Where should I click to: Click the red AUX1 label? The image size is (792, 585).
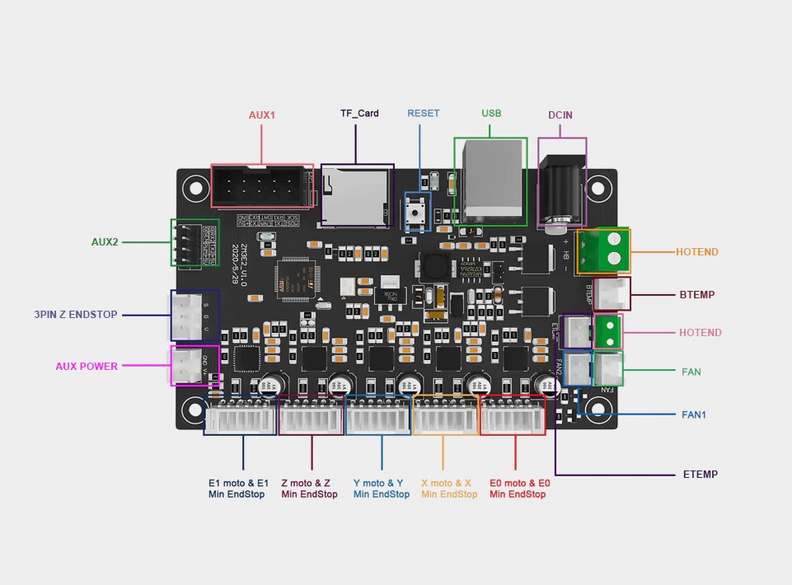(x=262, y=115)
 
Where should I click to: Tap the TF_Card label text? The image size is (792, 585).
(x=359, y=113)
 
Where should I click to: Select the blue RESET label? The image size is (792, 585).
(x=423, y=113)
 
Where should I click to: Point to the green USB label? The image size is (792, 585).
(x=491, y=113)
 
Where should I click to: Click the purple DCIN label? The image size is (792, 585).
(x=560, y=115)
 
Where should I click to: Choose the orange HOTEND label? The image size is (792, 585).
(x=696, y=252)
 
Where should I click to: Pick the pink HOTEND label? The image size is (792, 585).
(x=700, y=333)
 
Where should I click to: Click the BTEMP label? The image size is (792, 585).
(x=696, y=293)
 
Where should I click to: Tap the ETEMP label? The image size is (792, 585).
(x=700, y=475)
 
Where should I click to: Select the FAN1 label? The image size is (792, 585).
(x=693, y=414)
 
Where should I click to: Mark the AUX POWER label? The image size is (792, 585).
(x=87, y=366)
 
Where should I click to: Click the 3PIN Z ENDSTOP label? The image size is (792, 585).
(x=75, y=315)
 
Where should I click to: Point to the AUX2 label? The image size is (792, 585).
(x=105, y=242)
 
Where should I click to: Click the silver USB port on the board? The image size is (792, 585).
(x=494, y=183)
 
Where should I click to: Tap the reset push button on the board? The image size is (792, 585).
(x=417, y=213)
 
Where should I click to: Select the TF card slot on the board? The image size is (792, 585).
(x=354, y=195)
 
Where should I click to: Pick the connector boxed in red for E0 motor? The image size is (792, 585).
(x=513, y=418)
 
